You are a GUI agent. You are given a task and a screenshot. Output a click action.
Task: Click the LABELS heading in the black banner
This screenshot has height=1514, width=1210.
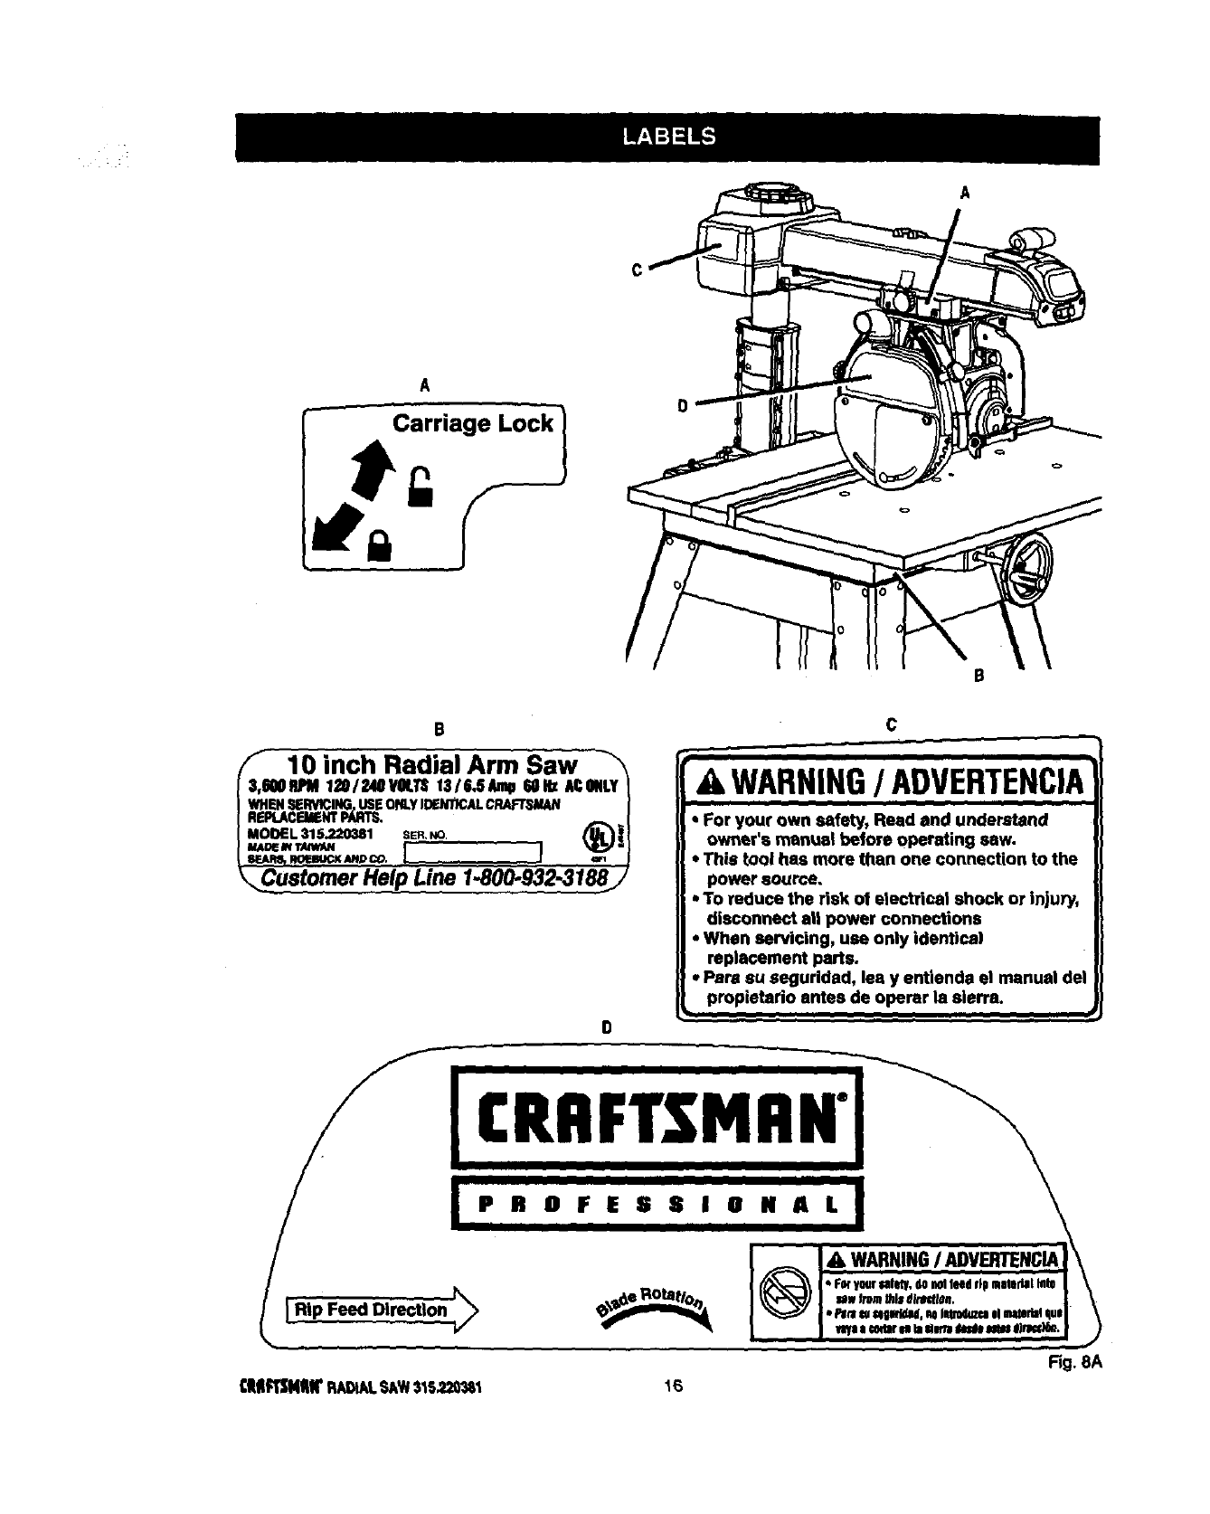point(668,137)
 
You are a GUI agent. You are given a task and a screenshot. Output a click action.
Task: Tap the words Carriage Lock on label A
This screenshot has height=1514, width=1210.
point(472,424)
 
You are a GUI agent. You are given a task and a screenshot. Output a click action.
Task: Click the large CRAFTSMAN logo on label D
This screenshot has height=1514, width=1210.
point(657,1118)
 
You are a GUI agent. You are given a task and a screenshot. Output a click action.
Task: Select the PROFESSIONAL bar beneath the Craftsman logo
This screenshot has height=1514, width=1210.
point(657,1204)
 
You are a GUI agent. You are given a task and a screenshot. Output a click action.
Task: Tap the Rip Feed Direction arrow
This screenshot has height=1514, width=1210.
point(383,1310)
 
